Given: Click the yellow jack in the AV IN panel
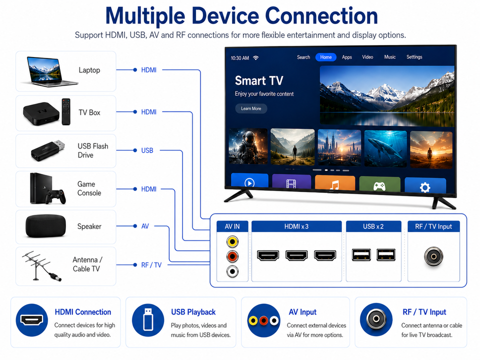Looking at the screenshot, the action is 232,241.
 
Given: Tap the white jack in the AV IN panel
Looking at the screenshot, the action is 232,271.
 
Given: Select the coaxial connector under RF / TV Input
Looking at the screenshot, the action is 433,256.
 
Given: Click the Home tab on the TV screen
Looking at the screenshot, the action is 325,57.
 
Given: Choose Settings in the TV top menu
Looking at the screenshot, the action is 414,57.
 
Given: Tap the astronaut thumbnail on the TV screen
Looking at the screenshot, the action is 248,146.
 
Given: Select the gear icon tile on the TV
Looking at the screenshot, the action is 425,185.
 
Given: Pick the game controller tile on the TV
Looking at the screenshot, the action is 379,184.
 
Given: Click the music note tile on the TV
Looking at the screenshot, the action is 335,183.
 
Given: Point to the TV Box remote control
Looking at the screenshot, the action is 66,111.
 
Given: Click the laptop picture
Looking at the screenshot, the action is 48,71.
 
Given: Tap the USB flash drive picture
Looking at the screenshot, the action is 48,150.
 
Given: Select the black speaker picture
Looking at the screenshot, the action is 46,226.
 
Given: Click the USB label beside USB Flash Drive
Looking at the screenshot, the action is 147,150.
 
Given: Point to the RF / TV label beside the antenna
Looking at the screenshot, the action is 151,265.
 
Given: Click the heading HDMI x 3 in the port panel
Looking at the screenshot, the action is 296,226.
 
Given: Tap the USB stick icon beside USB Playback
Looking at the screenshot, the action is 148,319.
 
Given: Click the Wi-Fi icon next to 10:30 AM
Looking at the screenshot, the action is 256,57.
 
